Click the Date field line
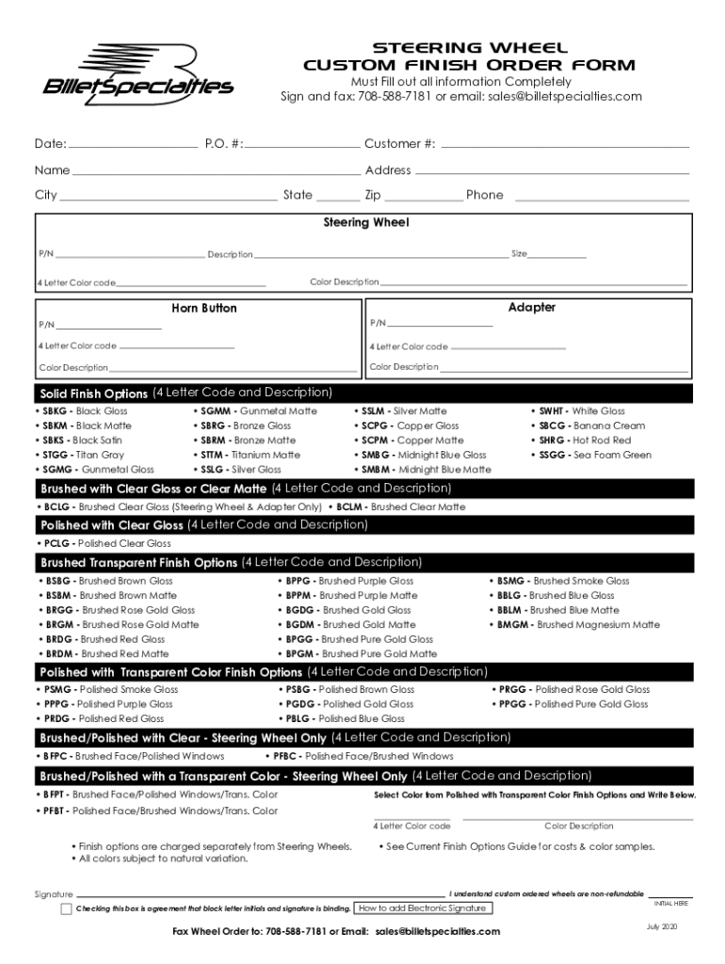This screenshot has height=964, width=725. (x=132, y=146)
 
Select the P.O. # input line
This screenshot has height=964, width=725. (x=303, y=146)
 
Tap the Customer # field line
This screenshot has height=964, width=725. (x=565, y=146)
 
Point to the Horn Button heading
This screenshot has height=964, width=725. (x=204, y=309)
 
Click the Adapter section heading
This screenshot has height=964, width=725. (x=532, y=308)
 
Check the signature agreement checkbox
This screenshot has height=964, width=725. (x=66, y=908)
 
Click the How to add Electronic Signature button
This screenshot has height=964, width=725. (x=423, y=908)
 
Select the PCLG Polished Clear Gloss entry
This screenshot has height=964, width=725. (x=106, y=543)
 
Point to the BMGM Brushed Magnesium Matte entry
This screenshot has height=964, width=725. (x=578, y=624)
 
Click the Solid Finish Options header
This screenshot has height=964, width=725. (x=93, y=394)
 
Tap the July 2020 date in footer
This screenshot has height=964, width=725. (x=662, y=927)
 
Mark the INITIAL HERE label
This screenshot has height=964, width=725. (x=670, y=903)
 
